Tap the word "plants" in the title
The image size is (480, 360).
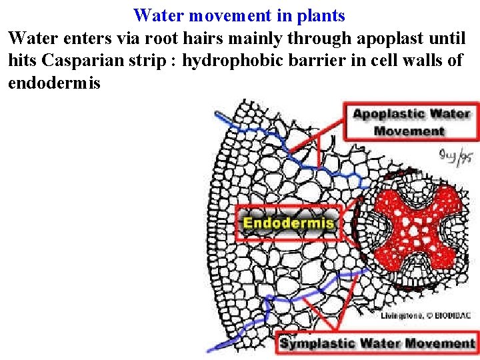[x=320, y=15]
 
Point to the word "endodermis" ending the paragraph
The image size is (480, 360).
[x=54, y=83]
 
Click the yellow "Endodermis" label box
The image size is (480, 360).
[x=289, y=223]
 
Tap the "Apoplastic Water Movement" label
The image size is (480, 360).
[x=411, y=121]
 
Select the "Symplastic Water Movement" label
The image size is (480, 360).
[x=377, y=343]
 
